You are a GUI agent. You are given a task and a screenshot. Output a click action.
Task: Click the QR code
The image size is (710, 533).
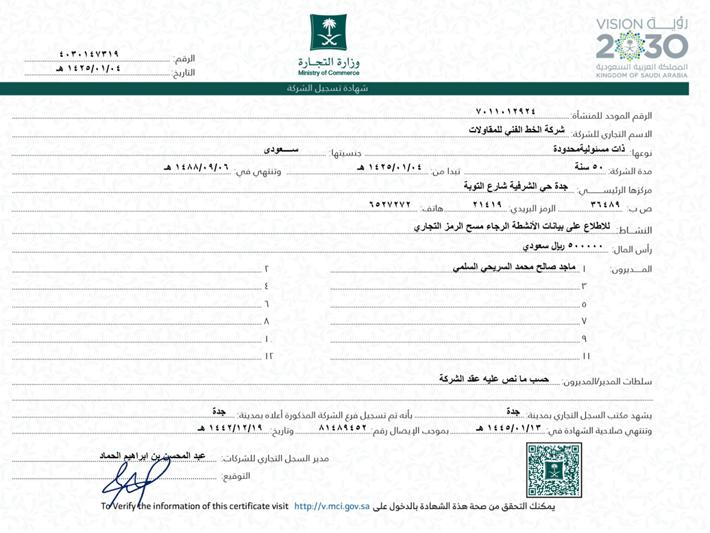point(554,469)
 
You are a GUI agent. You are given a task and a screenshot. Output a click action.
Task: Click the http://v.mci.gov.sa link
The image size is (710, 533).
point(332,506)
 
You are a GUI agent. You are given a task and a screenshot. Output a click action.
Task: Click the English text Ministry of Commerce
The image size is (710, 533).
point(328,72)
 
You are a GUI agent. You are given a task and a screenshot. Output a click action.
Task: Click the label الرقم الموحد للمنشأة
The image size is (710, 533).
point(613,115)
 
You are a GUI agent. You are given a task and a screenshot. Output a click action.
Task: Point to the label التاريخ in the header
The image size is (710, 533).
point(183,72)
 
